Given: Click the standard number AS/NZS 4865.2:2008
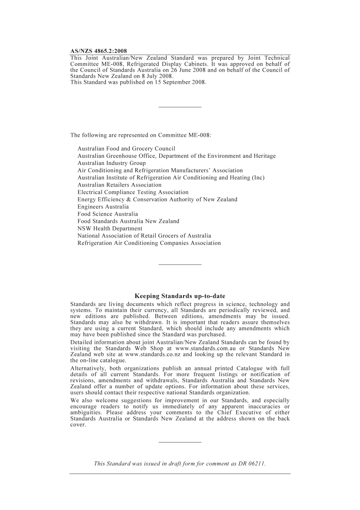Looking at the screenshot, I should pyautogui.click(x=99, y=51).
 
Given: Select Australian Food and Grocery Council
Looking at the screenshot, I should pyautogui.click(x=126, y=149).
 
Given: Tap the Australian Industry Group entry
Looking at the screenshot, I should pyautogui.click(x=111, y=163).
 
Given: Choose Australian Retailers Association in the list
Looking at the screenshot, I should pyautogui.click(x=119, y=185).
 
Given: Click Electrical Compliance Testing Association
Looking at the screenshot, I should pyautogui.click(x=133, y=192).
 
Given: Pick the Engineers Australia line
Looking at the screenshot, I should pyautogui.click(x=103, y=207).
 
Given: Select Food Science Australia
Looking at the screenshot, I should pyautogui.click(x=108, y=214).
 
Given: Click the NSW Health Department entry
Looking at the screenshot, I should pyautogui.click(x=110, y=229).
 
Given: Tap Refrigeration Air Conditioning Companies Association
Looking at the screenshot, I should pyautogui.click(x=149, y=243).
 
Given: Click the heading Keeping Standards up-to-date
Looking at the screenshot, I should pyautogui.click(x=180, y=296).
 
